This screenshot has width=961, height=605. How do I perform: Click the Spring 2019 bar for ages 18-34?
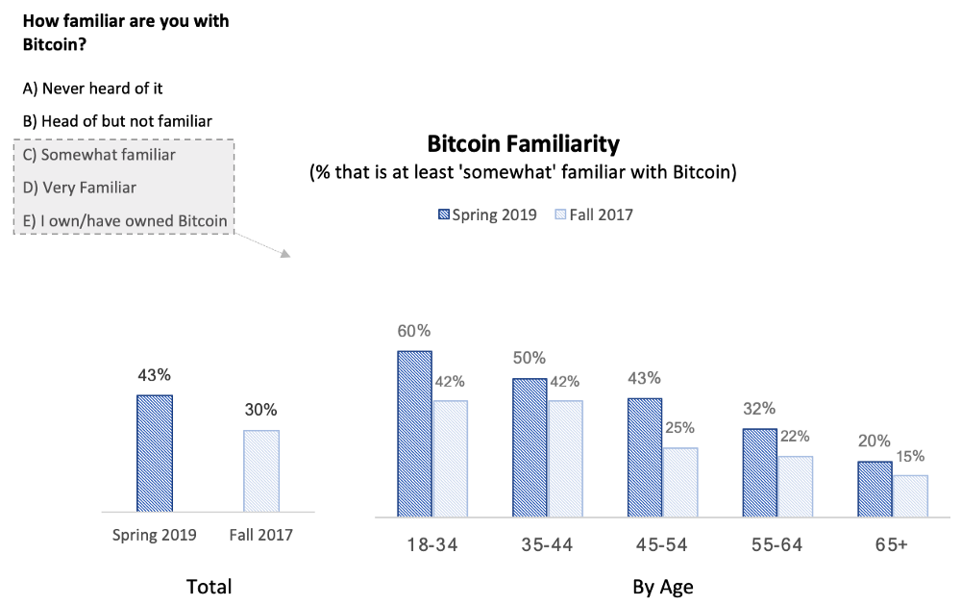(415, 434)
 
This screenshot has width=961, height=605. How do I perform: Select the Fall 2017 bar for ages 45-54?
(680, 482)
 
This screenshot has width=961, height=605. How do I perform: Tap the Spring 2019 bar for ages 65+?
(875, 489)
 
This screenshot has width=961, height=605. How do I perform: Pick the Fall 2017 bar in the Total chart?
(261, 470)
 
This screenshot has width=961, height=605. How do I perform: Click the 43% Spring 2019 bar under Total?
(155, 453)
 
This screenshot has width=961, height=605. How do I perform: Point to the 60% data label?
(414, 331)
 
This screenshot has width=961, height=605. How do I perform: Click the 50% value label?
(530, 358)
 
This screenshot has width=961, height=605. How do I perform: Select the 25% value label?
(679, 428)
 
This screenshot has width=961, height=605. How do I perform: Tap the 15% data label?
(910, 456)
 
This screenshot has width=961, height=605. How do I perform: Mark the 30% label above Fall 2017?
(261, 410)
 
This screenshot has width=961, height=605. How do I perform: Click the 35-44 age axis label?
(548, 544)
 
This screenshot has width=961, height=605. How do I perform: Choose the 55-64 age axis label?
(777, 544)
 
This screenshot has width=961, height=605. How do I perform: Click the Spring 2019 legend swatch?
(444, 214)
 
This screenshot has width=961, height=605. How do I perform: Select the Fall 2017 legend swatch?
(560, 214)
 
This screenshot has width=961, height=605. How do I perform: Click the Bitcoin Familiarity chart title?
(524, 144)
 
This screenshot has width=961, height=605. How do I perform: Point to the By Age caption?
(663, 587)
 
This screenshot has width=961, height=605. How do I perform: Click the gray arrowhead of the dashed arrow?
(285, 253)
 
